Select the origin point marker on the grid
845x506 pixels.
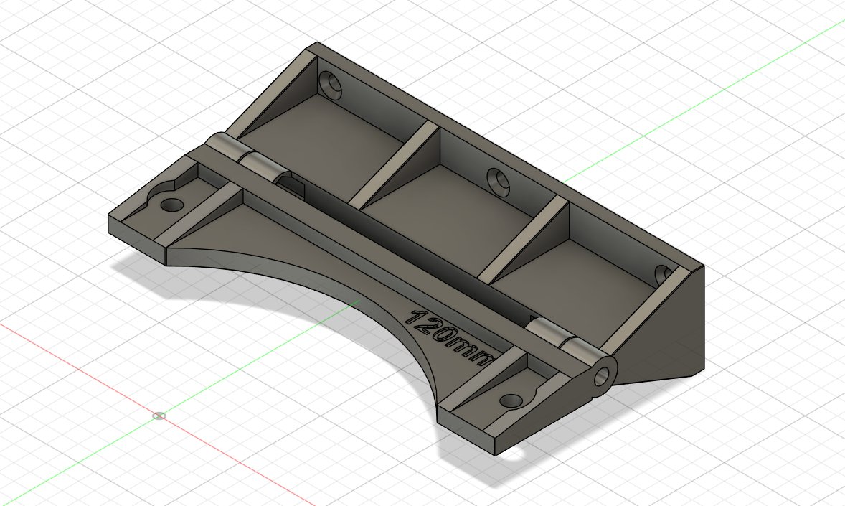[159, 416]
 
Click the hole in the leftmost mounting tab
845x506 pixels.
[171, 205]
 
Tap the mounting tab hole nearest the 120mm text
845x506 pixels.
[511, 400]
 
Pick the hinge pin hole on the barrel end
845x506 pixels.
[604, 374]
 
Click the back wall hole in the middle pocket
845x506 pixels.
[498, 182]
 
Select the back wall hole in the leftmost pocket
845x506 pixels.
[331, 85]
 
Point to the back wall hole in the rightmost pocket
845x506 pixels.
[663, 273]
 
